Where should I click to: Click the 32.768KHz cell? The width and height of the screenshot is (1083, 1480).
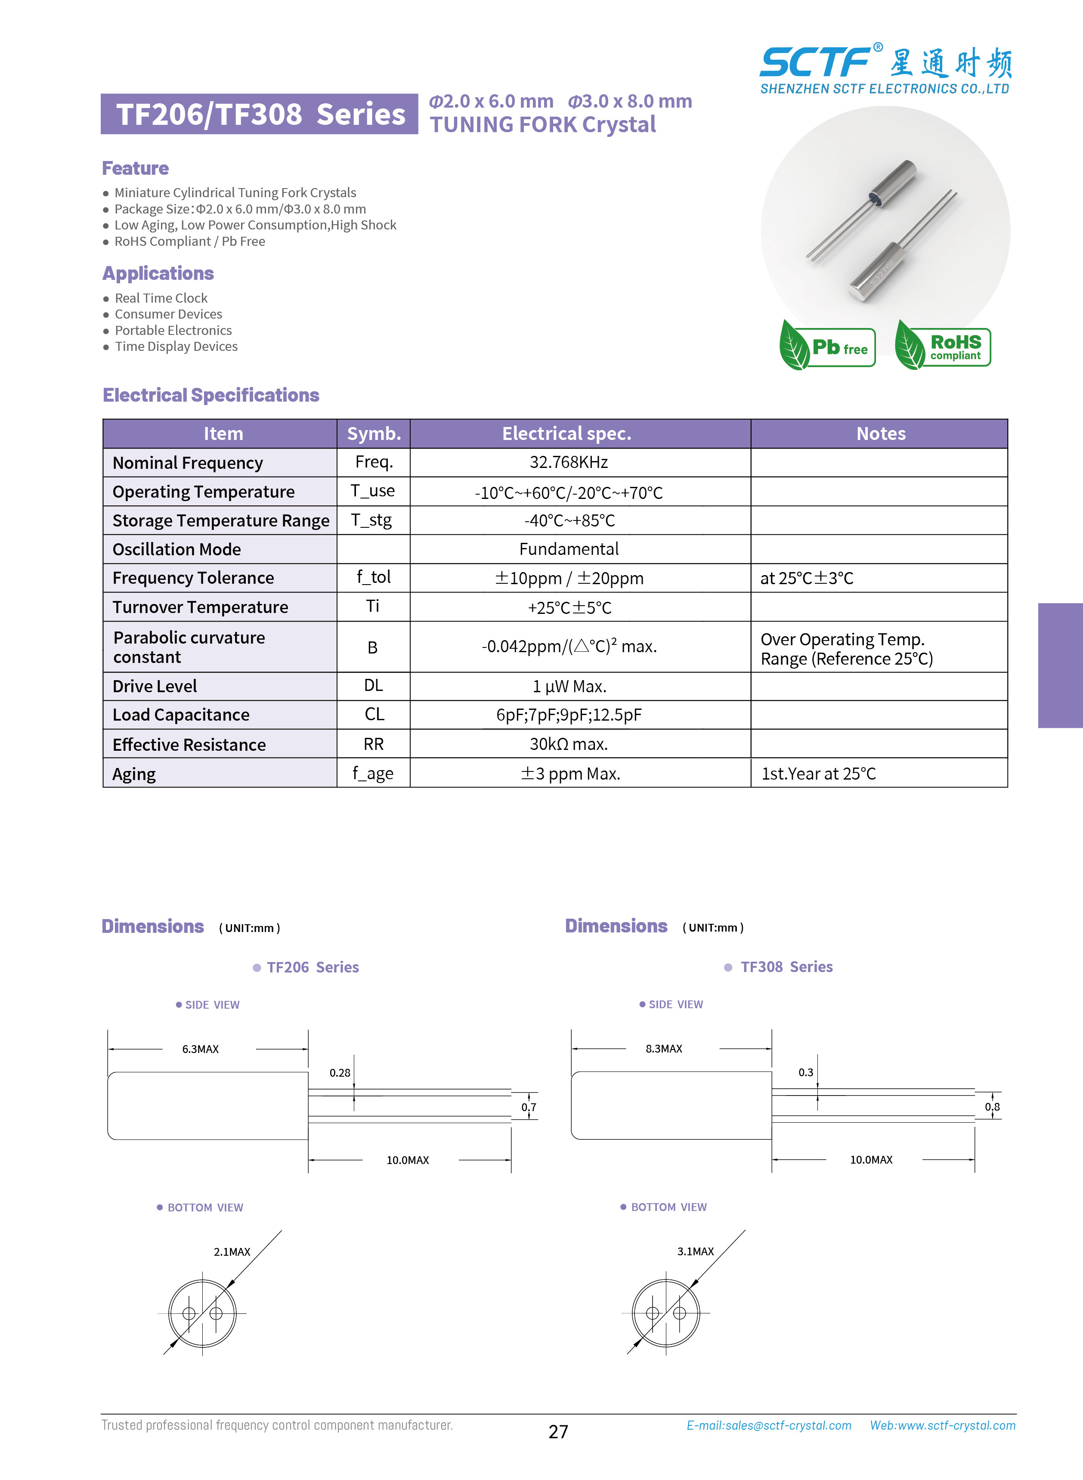coord(568,462)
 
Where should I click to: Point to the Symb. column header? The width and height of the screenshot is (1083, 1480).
coord(374,433)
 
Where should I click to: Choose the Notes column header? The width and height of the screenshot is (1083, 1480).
coord(880,433)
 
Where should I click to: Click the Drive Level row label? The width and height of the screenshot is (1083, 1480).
coord(155,686)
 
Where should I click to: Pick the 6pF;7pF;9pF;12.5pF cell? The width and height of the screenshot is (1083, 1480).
coord(568,715)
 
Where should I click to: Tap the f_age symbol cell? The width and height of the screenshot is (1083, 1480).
coord(373,774)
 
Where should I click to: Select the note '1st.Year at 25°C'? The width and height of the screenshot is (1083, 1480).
coord(818,774)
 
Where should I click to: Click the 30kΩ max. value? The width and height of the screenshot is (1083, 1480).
coord(568,744)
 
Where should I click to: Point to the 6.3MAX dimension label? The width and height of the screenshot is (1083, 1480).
coord(201,1049)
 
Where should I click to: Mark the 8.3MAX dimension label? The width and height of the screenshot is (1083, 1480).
coord(663,1049)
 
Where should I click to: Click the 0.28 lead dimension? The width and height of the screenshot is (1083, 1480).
coord(340,1073)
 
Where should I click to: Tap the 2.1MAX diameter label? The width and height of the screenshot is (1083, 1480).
coord(232,1251)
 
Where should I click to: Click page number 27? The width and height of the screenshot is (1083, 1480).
coord(558,1431)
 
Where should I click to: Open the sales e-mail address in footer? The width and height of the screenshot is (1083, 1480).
coord(768,1425)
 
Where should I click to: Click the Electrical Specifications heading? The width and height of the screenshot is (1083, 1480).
coord(211,395)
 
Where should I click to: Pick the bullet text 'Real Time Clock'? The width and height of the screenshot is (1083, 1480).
coord(161,298)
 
